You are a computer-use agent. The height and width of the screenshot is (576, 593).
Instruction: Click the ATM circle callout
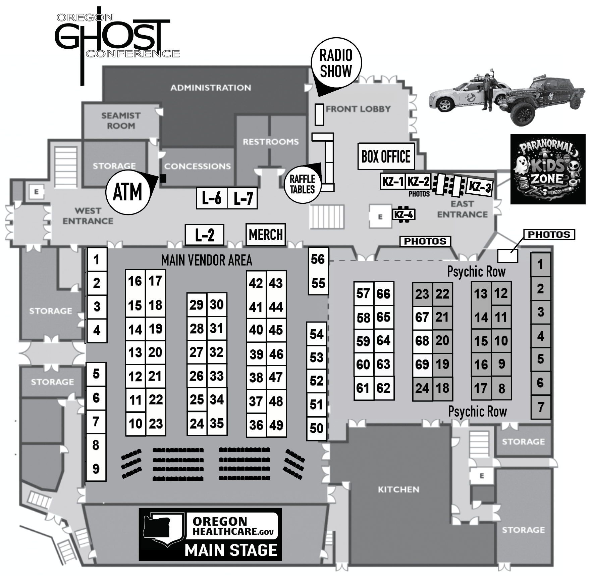127,192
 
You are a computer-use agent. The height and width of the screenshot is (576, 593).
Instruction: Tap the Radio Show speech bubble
336,63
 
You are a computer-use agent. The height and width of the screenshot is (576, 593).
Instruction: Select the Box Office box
386,156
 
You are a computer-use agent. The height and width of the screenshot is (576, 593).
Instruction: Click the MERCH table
266,234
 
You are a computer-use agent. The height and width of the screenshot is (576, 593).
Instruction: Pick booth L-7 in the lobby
243,198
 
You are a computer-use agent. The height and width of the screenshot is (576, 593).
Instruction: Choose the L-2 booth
205,235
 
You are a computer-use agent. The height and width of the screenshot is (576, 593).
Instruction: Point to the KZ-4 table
403,214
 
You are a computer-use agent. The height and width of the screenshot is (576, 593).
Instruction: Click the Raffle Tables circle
302,184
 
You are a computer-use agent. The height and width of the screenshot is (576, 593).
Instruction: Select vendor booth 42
256,283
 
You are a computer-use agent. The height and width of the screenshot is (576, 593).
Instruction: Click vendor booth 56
318,259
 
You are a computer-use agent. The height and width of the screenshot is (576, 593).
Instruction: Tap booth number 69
422,364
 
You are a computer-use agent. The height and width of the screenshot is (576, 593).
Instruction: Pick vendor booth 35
217,423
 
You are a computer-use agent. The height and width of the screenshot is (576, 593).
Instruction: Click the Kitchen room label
398,489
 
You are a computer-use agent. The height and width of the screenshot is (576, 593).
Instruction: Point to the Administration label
211,88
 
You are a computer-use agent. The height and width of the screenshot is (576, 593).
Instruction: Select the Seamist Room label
121,121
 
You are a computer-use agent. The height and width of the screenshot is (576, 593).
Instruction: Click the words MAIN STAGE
231,550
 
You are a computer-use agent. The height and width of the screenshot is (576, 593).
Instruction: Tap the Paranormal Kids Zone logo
548,169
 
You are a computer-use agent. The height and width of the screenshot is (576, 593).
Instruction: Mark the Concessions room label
197,166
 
